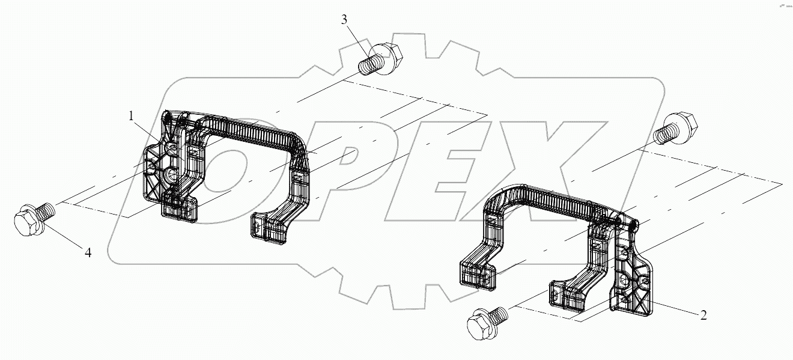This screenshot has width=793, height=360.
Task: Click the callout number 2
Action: point(702,314)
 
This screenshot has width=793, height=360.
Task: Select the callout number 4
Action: point(88,252)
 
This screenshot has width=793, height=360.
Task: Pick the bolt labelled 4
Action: point(33,220)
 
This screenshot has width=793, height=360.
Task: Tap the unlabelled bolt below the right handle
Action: point(487,322)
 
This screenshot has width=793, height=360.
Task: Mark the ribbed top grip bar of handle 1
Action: point(252,129)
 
